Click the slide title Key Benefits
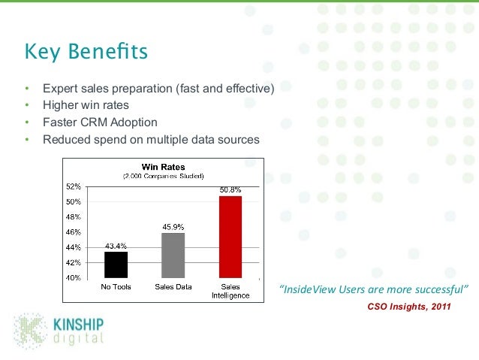click(85, 54)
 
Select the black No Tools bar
click(116, 265)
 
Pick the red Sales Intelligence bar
click(230, 237)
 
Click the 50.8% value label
click(230, 190)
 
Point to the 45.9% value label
click(173, 227)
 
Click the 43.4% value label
click(116, 246)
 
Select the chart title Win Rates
click(163, 166)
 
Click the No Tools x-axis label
click(116, 286)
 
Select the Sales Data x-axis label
click(173, 286)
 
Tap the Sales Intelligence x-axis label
click(230, 291)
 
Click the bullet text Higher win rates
click(86, 105)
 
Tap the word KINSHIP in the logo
click(77, 324)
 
